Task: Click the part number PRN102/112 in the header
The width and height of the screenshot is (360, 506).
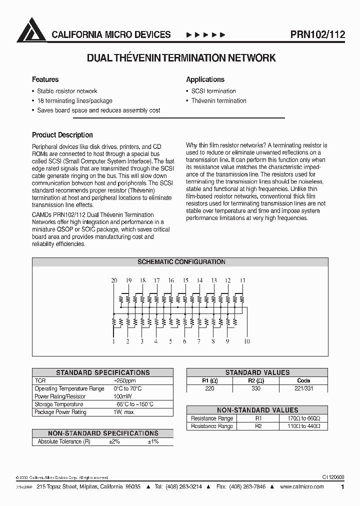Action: [x=317, y=34]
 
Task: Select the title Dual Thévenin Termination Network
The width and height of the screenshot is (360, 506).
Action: [x=181, y=58]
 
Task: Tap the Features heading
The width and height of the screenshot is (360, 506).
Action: [x=45, y=79]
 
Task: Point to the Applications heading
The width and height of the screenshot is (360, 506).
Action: [x=205, y=79]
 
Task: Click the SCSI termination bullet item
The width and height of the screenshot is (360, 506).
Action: [x=213, y=91]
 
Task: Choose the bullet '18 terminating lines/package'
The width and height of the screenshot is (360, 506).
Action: [x=74, y=100]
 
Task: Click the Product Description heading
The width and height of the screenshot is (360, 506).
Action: [x=62, y=135]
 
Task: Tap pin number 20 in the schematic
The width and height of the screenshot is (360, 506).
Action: [x=114, y=281]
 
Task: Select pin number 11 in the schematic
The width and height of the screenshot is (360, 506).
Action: [x=242, y=281]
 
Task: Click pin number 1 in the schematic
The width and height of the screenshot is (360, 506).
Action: [x=114, y=341]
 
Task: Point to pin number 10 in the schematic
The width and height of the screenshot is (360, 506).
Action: [x=246, y=341]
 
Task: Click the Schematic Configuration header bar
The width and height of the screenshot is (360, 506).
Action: [x=180, y=262]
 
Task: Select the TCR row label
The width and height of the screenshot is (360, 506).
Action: [x=40, y=380]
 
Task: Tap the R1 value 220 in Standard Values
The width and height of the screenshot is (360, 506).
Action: [x=209, y=388]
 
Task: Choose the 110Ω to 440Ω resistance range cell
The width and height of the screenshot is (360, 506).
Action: [x=303, y=426]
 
